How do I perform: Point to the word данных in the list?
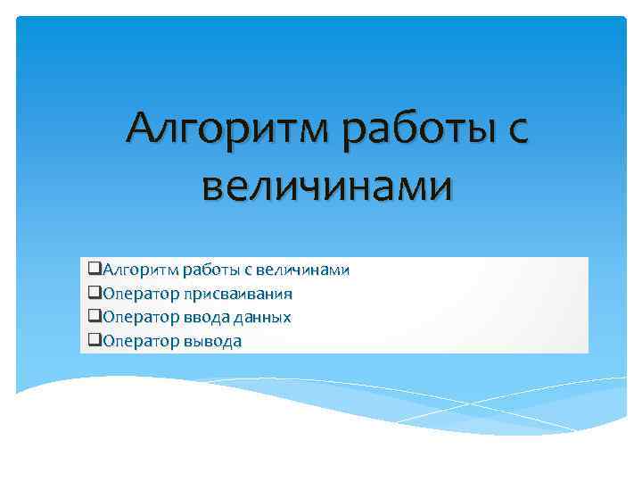261,318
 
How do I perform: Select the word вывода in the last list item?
212,342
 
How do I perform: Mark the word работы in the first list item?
209,270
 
